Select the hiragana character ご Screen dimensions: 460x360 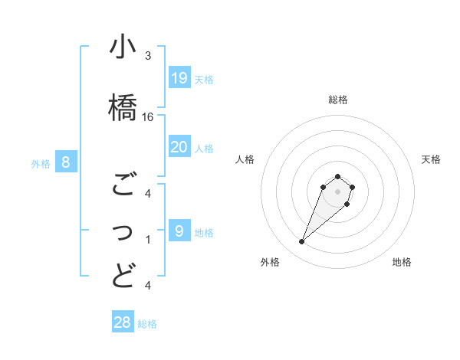(123, 185)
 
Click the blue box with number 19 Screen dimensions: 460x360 (179, 78)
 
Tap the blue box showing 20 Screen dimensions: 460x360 (179, 147)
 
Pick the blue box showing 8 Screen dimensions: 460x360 (66, 162)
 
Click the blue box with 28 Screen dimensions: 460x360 (123, 322)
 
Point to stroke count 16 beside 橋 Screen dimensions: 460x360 (148, 117)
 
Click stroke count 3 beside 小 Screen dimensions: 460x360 (148, 56)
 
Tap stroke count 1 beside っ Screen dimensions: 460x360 (148, 240)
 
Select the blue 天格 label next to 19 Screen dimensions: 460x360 (203, 79)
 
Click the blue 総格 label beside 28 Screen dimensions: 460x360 (147, 324)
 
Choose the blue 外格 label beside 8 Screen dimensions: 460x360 (41, 163)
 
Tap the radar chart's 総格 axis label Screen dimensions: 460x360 (337, 100)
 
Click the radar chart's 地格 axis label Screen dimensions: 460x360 (402, 262)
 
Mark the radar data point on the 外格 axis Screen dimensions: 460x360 (302, 242)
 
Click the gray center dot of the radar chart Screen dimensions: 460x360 (337, 191)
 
